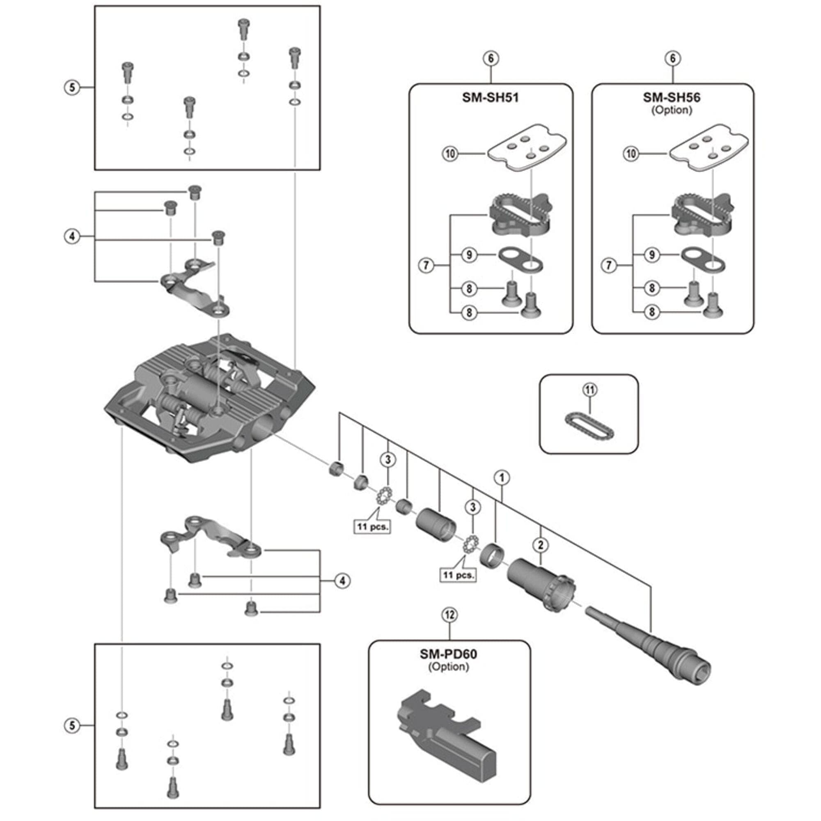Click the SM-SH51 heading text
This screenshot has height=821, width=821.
(x=490, y=98)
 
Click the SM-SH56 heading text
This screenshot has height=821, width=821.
(x=672, y=98)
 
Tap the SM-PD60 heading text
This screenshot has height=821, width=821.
(x=448, y=654)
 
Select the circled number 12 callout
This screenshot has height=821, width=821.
(x=449, y=615)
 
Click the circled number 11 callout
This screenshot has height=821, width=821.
(x=590, y=389)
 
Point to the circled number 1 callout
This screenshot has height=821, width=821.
(x=502, y=478)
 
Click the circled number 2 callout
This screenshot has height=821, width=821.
(x=541, y=545)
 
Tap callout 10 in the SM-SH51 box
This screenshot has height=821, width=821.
(x=450, y=154)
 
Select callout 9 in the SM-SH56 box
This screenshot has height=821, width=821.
(x=652, y=255)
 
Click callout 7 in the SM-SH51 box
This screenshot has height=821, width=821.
(x=426, y=266)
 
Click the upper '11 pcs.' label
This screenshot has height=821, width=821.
(x=372, y=527)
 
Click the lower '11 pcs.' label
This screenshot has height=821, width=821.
(x=458, y=575)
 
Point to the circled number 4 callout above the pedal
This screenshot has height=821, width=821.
(x=72, y=236)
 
